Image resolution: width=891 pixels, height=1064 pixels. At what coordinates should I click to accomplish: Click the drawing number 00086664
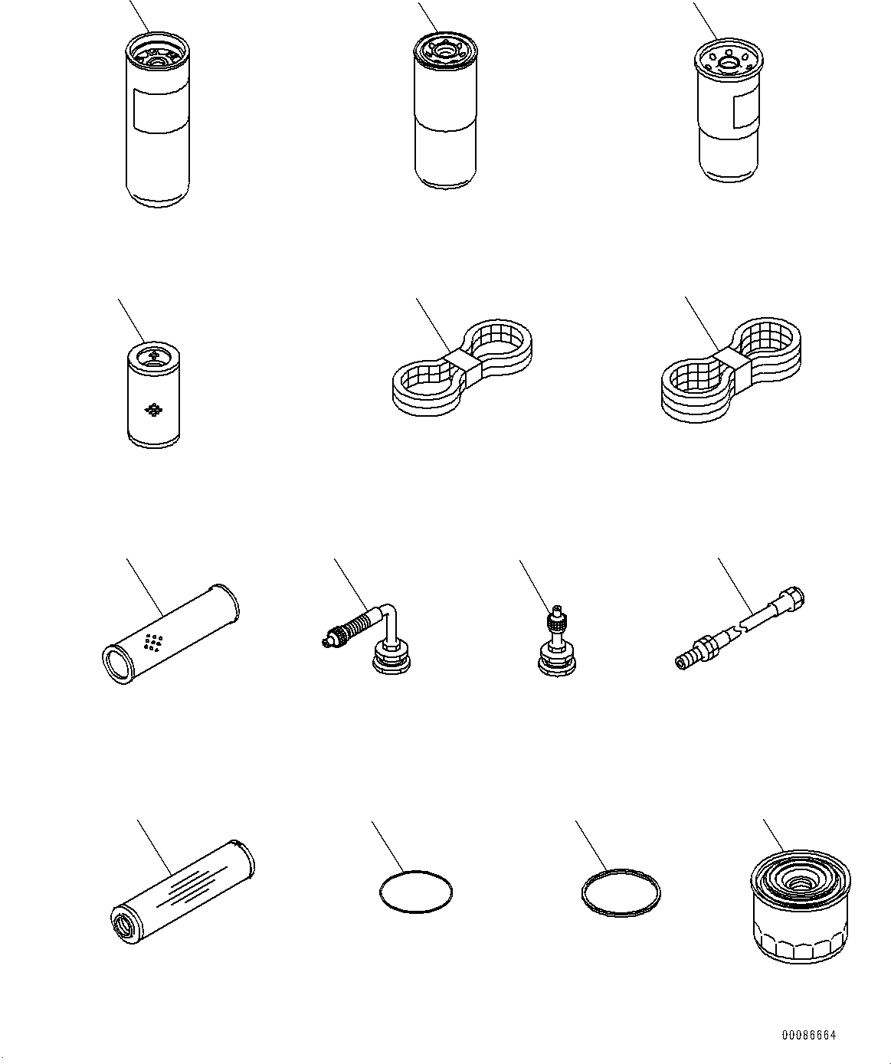[808, 1035]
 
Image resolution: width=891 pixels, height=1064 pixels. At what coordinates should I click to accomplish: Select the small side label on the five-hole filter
[742, 111]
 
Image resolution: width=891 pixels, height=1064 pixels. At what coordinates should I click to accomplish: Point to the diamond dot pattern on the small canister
[154, 410]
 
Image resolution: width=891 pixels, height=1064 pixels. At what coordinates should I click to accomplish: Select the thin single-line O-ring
[416, 892]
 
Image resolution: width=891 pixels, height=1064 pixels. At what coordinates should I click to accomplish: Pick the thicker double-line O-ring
[620, 891]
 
